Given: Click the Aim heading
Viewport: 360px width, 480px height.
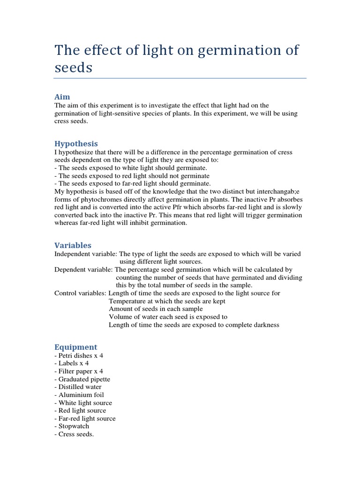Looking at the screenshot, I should coord(62,97).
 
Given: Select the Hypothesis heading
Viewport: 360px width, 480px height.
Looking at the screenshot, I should coord(76,143).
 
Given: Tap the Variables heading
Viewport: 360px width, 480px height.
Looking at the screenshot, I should coord(73,245).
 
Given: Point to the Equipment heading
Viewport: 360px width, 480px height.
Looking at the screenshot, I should coord(75,347).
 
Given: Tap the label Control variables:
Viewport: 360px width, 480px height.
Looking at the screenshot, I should coord(80,293).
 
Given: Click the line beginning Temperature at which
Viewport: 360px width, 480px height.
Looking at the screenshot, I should coord(167,301).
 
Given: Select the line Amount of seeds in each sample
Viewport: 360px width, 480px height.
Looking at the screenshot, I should coord(156,309).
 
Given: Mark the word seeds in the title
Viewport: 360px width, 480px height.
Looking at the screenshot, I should coord(74,67).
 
